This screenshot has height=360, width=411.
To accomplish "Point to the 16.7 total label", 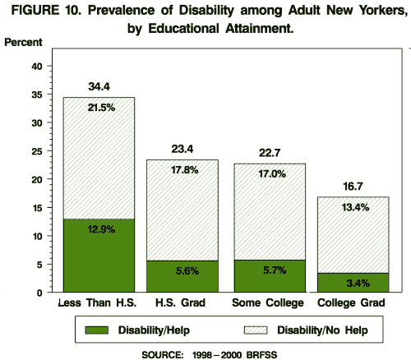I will pyautogui.click(x=352, y=187).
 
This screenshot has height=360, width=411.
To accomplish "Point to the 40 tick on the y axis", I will pyautogui.click(x=37, y=67).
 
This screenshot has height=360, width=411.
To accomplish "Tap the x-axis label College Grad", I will pyautogui.click(x=352, y=303).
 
